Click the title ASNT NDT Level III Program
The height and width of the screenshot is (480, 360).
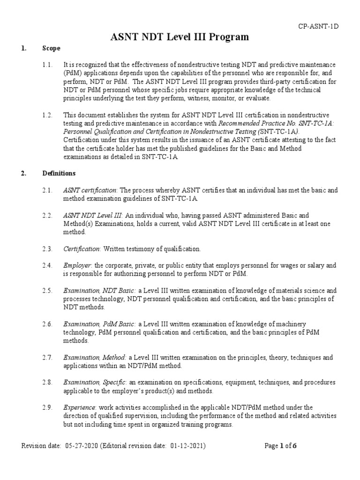(x=180, y=37)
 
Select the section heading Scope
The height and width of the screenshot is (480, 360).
(x=51, y=48)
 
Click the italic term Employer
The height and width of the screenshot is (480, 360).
(x=77, y=266)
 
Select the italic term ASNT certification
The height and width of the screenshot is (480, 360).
(x=90, y=190)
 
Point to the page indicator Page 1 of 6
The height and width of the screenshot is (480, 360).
(x=281, y=446)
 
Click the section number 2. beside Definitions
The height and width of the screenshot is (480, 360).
(x=24, y=173)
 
